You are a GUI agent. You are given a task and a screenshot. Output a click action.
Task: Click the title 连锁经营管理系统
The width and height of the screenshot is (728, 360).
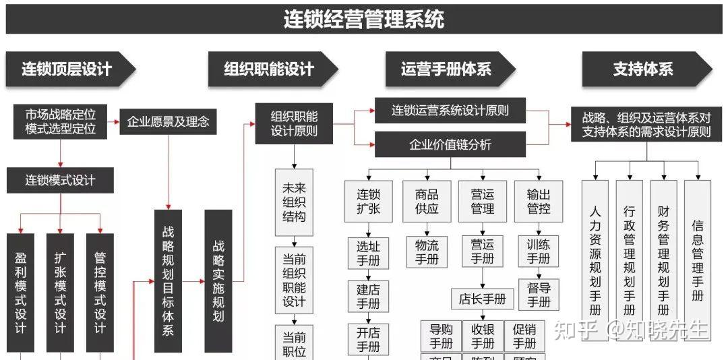click(x=363, y=19)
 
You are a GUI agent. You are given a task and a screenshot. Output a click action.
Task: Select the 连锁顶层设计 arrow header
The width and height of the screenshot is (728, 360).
click(x=67, y=69)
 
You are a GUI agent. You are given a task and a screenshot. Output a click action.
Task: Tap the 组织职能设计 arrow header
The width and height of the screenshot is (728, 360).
click(x=270, y=69)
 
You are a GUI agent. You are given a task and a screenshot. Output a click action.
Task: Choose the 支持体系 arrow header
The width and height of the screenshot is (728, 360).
click(x=644, y=69)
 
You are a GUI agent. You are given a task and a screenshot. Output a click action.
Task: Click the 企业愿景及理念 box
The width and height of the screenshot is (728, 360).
click(x=168, y=122)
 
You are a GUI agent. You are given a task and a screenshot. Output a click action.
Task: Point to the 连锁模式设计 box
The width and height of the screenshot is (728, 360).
click(x=60, y=180)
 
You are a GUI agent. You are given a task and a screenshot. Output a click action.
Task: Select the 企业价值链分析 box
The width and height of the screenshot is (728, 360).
click(x=450, y=144)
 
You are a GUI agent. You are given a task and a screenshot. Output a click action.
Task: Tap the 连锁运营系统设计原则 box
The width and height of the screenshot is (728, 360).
click(x=450, y=111)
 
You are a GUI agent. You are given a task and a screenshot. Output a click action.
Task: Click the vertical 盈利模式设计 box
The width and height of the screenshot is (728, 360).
click(x=20, y=293)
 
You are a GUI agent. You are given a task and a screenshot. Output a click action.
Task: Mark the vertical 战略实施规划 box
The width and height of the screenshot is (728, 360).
click(x=218, y=280)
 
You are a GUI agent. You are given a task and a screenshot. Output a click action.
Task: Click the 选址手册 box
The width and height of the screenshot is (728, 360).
click(x=368, y=253)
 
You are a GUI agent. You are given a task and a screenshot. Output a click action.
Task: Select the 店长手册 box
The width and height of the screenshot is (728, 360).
click(x=482, y=299)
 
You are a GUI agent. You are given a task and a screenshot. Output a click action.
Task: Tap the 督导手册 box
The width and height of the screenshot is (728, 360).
click(x=538, y=294)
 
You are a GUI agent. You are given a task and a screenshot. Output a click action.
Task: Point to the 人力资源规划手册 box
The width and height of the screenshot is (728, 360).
click(x=595, y=260)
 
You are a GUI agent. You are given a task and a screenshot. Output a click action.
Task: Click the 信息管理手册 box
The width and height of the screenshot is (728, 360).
click(x=697, y=260)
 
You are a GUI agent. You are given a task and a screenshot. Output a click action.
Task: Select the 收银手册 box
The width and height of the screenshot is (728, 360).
click(x=483, y=336)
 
